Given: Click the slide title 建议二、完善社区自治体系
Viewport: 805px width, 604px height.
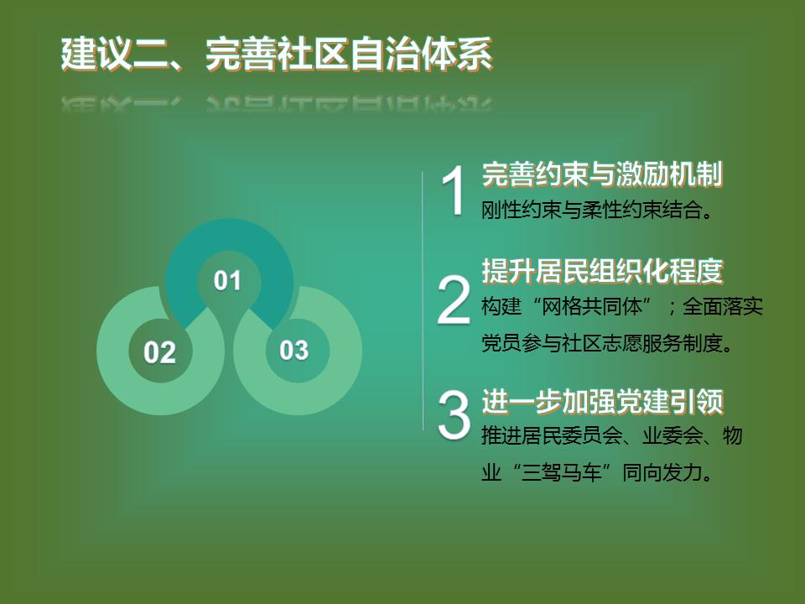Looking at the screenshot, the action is click(x=277, y=54).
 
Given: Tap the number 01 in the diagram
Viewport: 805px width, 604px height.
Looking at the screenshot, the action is click(x=227, y=281).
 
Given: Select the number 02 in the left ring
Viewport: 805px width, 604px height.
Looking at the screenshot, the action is click(x=159, y=352).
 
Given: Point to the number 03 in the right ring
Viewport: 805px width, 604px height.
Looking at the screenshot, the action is click(x=293, y=351).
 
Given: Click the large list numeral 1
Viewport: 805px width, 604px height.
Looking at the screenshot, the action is click(x=454, y=190).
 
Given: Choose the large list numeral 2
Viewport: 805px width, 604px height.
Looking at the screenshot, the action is click(x=454, y=300).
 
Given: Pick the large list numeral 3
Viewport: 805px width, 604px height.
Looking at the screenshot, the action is click(x=454, y=415).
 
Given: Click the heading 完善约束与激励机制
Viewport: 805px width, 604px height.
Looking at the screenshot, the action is click(x=602, y=174).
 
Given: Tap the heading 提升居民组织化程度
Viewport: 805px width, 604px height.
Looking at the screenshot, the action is click(x=602, y=271).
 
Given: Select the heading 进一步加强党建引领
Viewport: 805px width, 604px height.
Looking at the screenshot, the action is click(x=602, y=401).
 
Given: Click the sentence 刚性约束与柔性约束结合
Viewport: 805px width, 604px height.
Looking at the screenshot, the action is click(x=596, y=210).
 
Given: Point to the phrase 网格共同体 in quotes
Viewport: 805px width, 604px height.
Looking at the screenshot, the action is click(x=592, y=307).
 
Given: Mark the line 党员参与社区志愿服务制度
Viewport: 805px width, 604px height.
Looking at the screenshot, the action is click(x=606, y=343).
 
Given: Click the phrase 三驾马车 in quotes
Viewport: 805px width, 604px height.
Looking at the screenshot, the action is click(x=561, y=472).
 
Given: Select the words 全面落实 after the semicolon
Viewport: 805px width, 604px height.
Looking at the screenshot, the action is click(x=722, y=307).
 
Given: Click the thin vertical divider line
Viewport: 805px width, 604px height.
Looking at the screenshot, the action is click(x=423, y=301).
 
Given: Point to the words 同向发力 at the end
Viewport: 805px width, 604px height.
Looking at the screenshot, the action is click(x=662, y=472).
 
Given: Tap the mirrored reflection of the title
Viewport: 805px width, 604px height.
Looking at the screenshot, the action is click(x=277, y=103).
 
